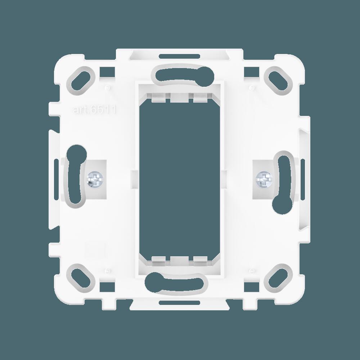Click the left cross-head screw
[x=95, y=179]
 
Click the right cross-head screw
[x=264, y=179]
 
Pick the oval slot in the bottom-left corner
[x=80, y=278]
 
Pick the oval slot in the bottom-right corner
[x=280, y=278]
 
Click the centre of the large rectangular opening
[x=180, y=176]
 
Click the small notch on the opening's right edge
[x=226, y=176]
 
